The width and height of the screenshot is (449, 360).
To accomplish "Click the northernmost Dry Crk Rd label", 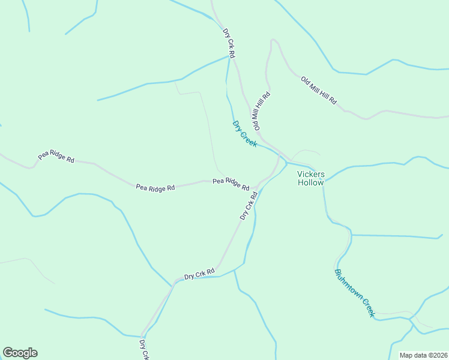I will click(x=228, y=43).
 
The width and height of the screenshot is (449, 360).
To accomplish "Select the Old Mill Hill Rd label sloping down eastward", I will click(x=319, y=91).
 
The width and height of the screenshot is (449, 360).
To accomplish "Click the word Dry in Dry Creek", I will click(x=238, y=127).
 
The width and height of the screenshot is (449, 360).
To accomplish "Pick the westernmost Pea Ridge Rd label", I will click(x=56, y=157).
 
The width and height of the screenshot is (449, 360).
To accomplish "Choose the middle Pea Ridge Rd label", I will click(x=155, y=188).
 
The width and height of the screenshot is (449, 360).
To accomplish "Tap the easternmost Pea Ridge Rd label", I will click(x=231, y=183).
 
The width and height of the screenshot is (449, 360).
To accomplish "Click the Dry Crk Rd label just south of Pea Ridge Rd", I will click(x=249, y=205).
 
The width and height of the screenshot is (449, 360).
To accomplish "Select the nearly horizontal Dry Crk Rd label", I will click(x=199, y=274).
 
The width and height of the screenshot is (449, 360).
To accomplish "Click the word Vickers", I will click(x=310, y=175).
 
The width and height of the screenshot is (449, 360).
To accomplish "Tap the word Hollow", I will click(x=310, y=183).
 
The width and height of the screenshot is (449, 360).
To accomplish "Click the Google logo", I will click(x=20, y=353).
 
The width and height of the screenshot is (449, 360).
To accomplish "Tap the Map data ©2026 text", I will click(x=423, y=355).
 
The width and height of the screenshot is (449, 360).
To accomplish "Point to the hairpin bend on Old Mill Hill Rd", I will click(x=273, y=41).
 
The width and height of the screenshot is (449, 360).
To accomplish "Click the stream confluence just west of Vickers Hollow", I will click(x=286, y=163).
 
